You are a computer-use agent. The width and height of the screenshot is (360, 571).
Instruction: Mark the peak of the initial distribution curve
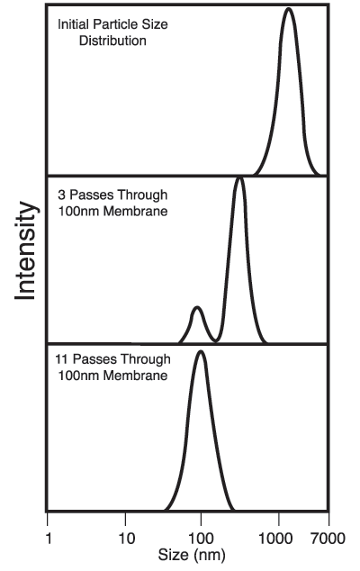[x=288, y=10]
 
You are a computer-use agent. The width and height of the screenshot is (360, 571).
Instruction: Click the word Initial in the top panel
[x=74, y=24]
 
